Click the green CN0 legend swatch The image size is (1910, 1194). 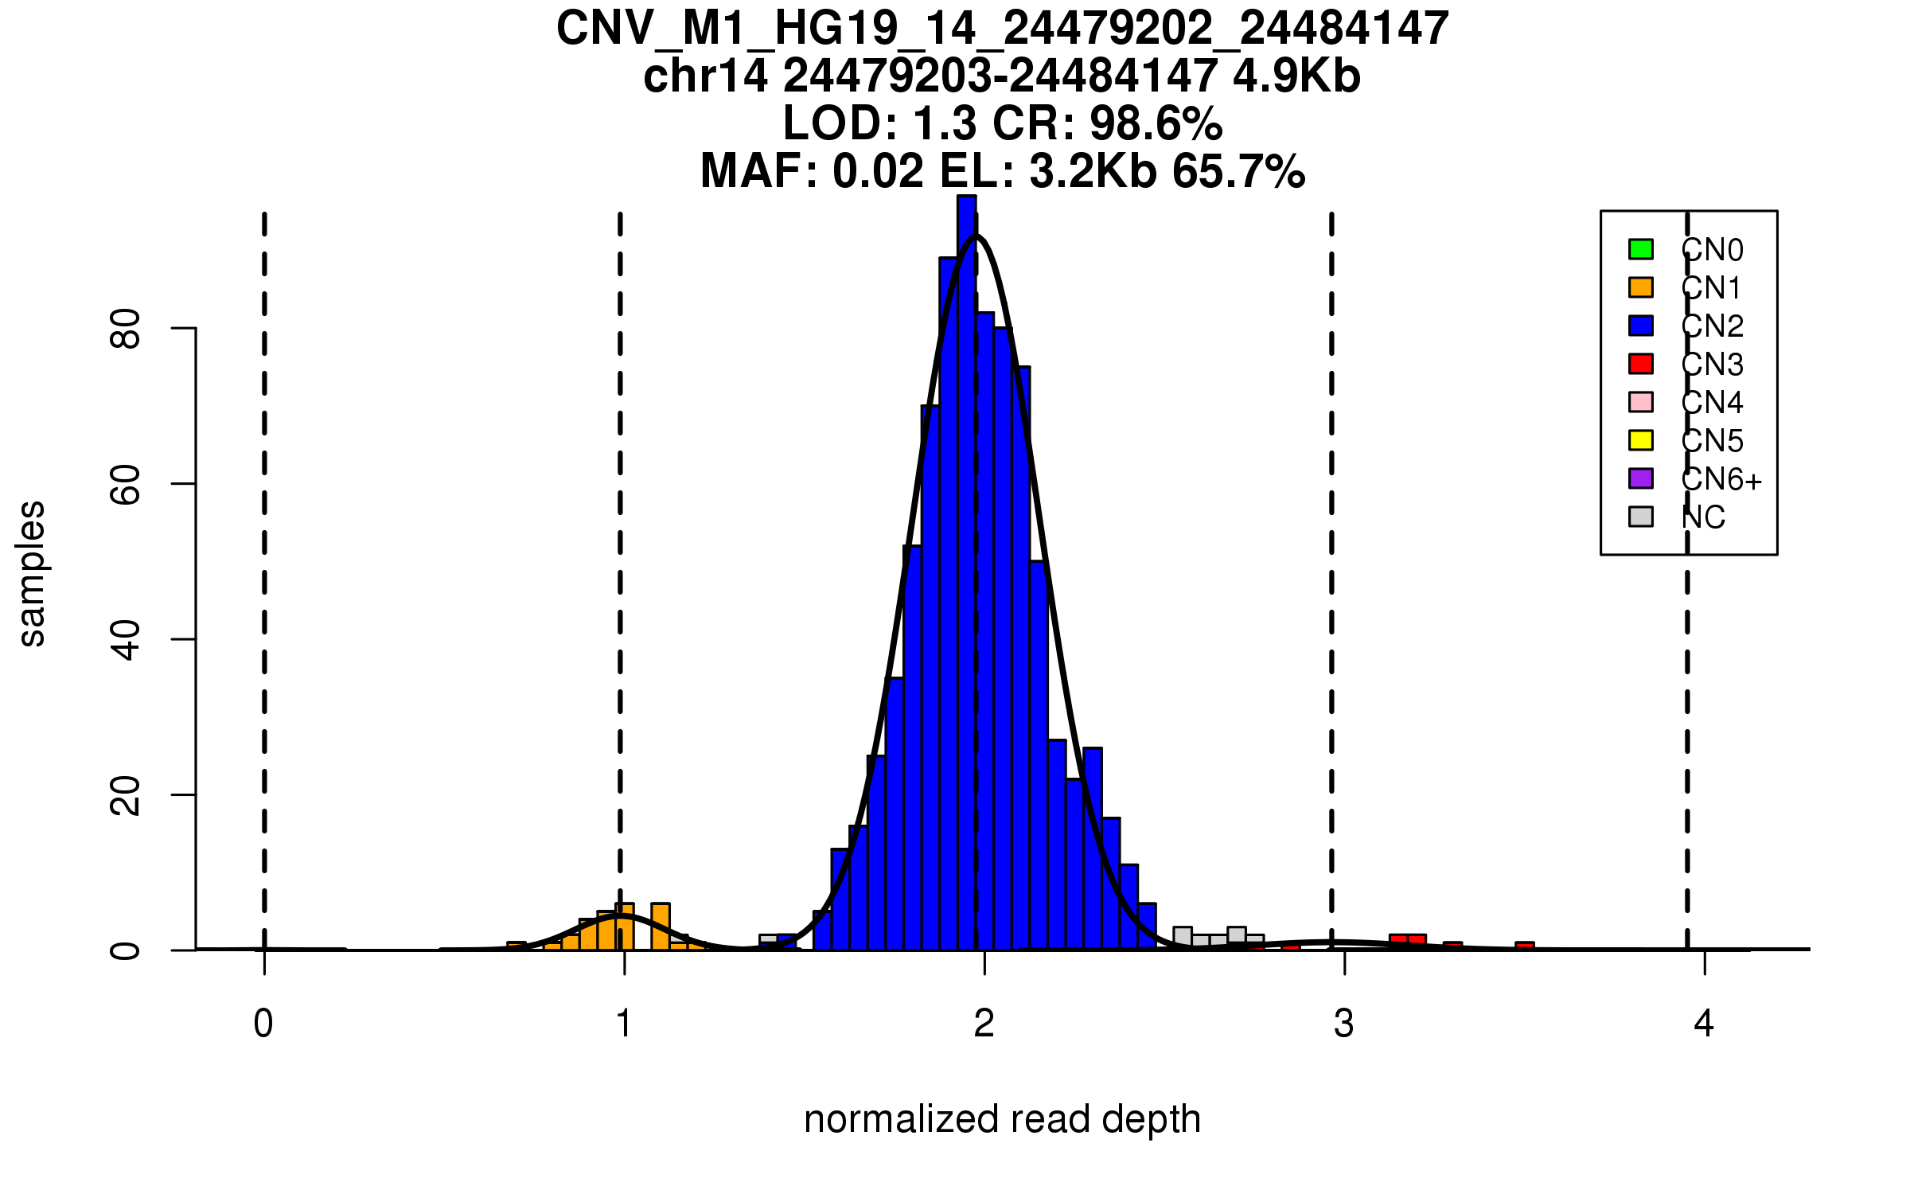1641,249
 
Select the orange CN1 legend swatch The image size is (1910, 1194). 1641,287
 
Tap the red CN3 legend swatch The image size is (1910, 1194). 1641,364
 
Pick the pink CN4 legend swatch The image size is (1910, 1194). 1641,402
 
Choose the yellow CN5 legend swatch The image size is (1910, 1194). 1641,440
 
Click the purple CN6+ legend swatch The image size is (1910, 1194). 1641,478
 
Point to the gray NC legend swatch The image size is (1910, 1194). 1641,517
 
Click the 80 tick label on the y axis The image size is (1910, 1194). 126,329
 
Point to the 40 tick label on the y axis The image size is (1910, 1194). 126,640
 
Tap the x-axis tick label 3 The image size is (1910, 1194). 1344,1024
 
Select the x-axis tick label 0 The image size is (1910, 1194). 263,1024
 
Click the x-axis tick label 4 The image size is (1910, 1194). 1704,1024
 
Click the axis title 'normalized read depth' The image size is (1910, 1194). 1002,1119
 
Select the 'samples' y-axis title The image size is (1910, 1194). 32,573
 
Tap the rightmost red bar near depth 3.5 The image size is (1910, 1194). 1525,946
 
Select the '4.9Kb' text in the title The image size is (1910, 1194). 1296,76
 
